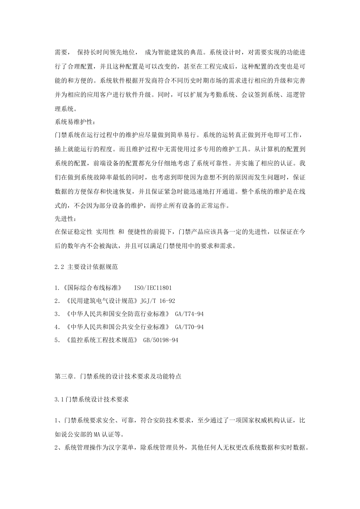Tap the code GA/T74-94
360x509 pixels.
click(189, 314)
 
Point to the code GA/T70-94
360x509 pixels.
click(189, 327)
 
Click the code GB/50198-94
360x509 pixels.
click(161, 340)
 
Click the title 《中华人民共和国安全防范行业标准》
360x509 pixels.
click(118, 314)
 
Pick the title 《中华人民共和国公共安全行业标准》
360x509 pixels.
click(118, 327)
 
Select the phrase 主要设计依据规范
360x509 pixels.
click(92, 267)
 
